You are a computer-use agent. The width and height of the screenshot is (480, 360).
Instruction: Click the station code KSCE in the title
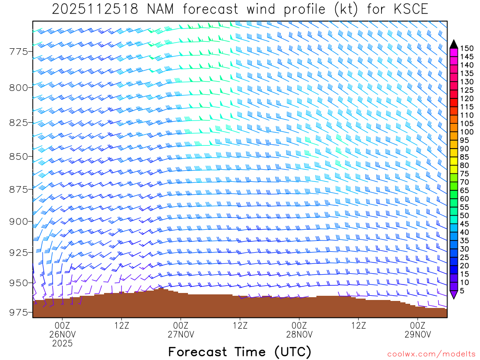(x=408, y=9)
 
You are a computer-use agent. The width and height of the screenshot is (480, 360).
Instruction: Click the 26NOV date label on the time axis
(x=62, y=334)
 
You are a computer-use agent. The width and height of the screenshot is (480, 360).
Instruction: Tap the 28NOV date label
(x=299, y=334)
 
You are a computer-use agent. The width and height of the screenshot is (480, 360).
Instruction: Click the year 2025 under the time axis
(x=62, y=344)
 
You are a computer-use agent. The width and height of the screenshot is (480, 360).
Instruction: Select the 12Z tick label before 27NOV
(x=121, y=325)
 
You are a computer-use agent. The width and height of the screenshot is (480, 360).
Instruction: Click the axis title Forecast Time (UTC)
(x=240, y=352)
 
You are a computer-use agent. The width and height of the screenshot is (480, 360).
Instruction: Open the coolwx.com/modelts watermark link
(x=431, y=354)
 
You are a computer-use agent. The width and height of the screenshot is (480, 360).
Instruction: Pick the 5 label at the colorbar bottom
(x=462, y=291)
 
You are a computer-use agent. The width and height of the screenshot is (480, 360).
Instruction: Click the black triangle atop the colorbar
(x=453, y=44)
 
